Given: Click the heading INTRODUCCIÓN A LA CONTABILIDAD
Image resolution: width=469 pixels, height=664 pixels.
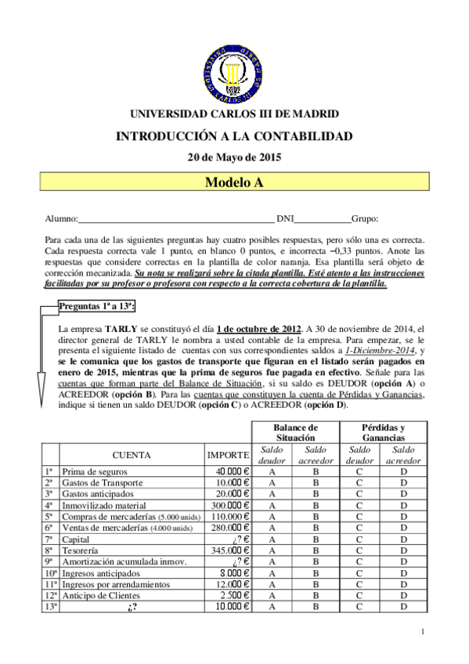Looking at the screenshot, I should click(x=234, y=135).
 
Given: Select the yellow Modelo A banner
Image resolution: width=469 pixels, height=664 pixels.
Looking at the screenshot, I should click(x=234, y=182).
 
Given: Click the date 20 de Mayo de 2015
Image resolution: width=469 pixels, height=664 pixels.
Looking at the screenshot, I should click(x=234, y=156).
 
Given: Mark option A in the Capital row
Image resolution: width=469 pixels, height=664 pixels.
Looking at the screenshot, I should click(x=272, y=539).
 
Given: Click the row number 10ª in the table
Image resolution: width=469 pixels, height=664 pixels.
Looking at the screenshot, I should click(x=49, y=573).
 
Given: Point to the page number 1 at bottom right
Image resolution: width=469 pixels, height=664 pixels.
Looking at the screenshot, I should click(x=423, y=632).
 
